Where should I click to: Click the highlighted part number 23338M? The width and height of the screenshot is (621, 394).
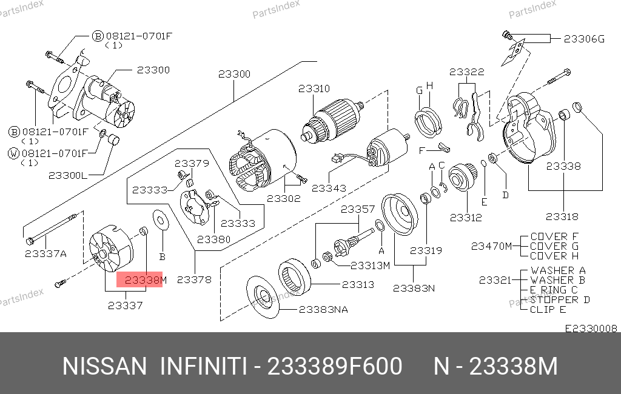[x=146, y=280]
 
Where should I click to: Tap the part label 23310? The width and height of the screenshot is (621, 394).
[x=314, y=88]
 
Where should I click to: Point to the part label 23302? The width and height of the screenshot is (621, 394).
[x=284, y=198]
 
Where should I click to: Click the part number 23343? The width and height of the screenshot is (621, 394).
[x=329, y=188]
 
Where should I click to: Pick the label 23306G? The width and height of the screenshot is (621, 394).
[x=584, y=39]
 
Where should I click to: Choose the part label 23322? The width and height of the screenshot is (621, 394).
[x=467, y=72]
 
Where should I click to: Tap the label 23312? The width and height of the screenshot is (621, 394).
[x=466, y=218]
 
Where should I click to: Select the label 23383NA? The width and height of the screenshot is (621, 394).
[x=323, y=309]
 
